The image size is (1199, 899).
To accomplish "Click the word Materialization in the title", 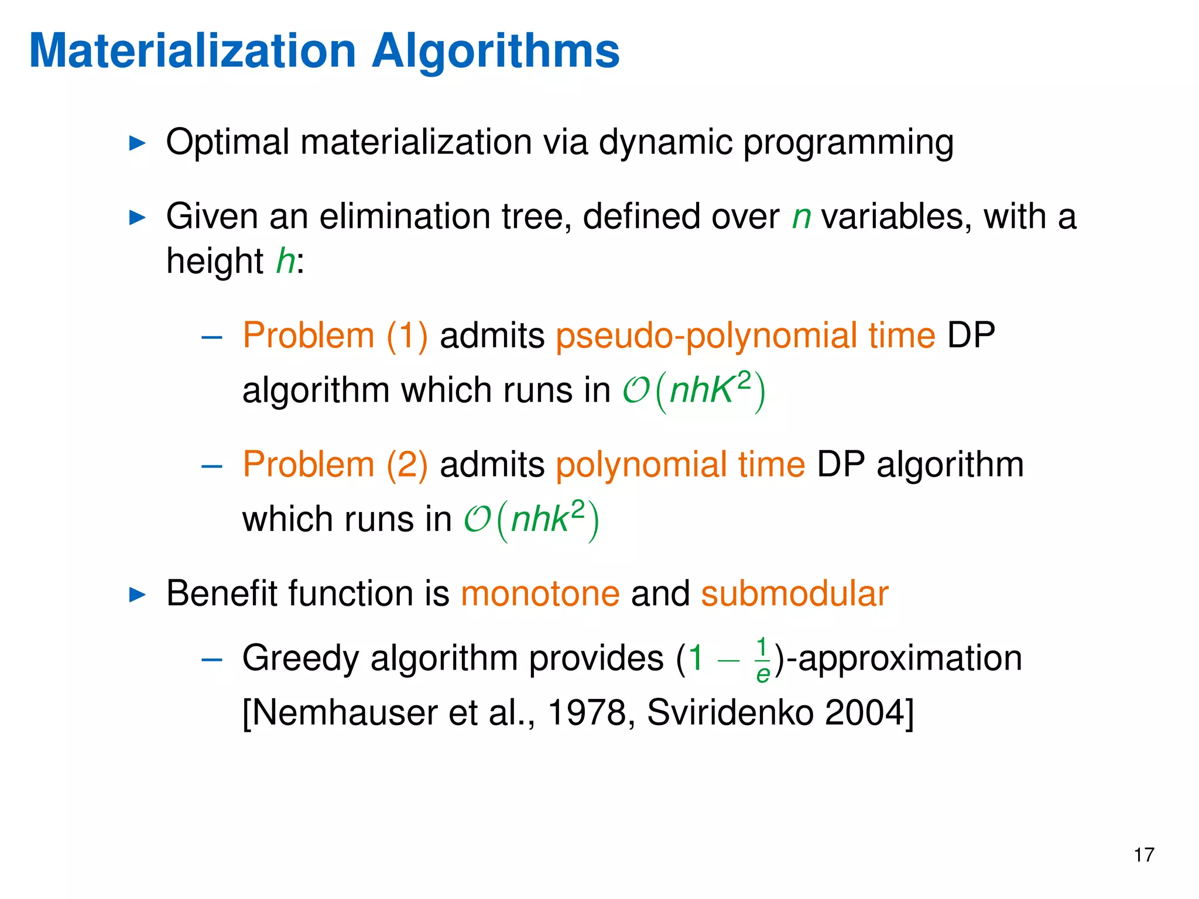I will [x=193, y=52].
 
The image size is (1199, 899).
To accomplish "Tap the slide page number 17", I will [x=1143, y=855].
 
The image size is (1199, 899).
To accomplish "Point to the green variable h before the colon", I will [x=286, y=260].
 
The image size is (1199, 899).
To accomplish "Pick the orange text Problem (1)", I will [x=335, y=336].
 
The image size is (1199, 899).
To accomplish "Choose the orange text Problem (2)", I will [x=335, y=465].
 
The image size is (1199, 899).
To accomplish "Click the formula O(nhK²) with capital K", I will [x=694, y=391].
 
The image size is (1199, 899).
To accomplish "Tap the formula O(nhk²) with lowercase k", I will [x=532, y=520].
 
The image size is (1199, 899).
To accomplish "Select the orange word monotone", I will [x=540, y=593].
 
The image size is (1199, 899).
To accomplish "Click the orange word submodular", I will [x=794, y=593].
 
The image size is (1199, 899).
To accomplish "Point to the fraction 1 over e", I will [x=762, y=660].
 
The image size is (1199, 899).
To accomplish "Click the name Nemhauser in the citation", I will [x=345, y=713].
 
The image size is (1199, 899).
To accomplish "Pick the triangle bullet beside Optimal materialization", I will [x=137, y=143].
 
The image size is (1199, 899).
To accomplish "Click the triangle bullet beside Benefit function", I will [x=137, y=595].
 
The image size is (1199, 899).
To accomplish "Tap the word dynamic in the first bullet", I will [x=665, y=143].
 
